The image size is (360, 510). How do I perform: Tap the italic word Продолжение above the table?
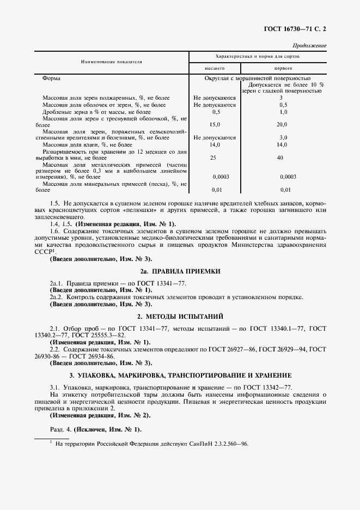click(309, 45)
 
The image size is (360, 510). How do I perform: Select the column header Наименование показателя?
click(112, 62)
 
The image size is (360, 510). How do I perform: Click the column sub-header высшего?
click(214, 69)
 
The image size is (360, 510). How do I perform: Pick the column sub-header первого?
click(283, 69)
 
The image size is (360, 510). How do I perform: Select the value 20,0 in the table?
click(283, 124)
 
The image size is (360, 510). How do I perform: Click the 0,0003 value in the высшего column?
click(220, 177)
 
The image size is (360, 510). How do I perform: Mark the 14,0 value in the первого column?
click(283, 144)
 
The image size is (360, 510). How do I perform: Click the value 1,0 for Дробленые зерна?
click(283, 111)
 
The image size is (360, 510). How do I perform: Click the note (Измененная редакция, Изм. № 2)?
click(100, 415)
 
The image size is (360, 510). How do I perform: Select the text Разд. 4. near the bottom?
click(60, 429)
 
